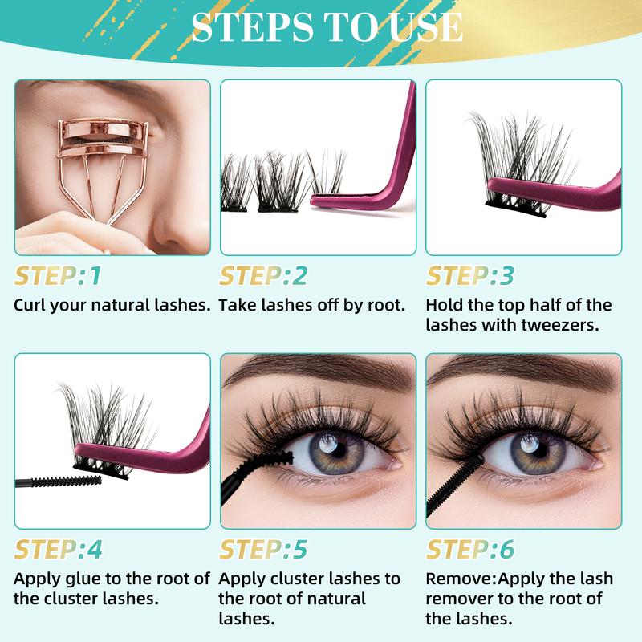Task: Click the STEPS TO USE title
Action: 327,28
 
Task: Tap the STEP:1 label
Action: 58,276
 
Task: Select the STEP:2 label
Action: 263,276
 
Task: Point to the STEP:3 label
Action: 469,276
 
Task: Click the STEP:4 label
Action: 59,550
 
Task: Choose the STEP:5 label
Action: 263,550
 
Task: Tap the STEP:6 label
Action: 469,550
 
